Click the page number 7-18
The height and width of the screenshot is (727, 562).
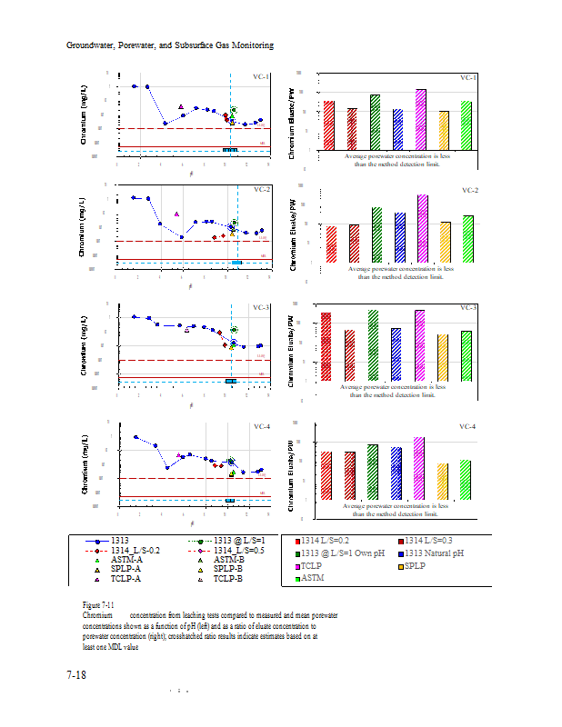(76, 675)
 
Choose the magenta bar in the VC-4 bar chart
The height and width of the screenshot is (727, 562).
(418, 468)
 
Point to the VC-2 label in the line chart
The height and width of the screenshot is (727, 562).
(262, 189)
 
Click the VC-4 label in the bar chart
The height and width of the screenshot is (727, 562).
(468, 426)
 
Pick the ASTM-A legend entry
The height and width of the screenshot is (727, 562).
(126, 560)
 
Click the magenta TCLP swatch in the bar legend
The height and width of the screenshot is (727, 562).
(297, 565)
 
